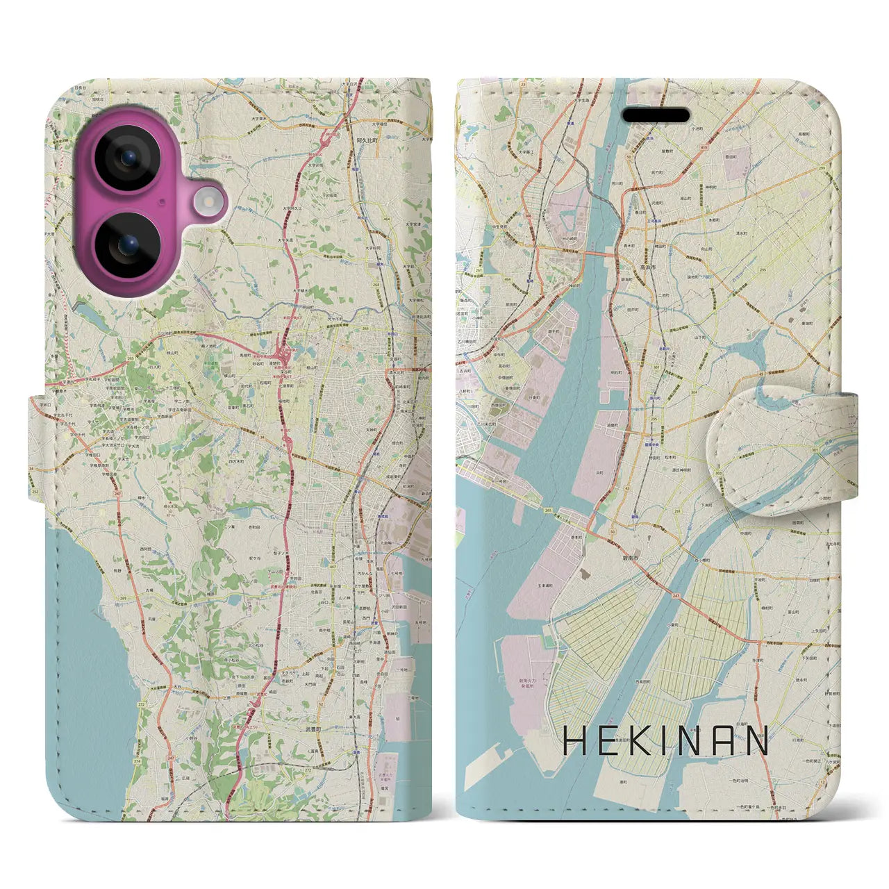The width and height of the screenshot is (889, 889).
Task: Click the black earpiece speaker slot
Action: point(655,115)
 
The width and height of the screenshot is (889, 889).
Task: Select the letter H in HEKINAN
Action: point(576,741)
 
